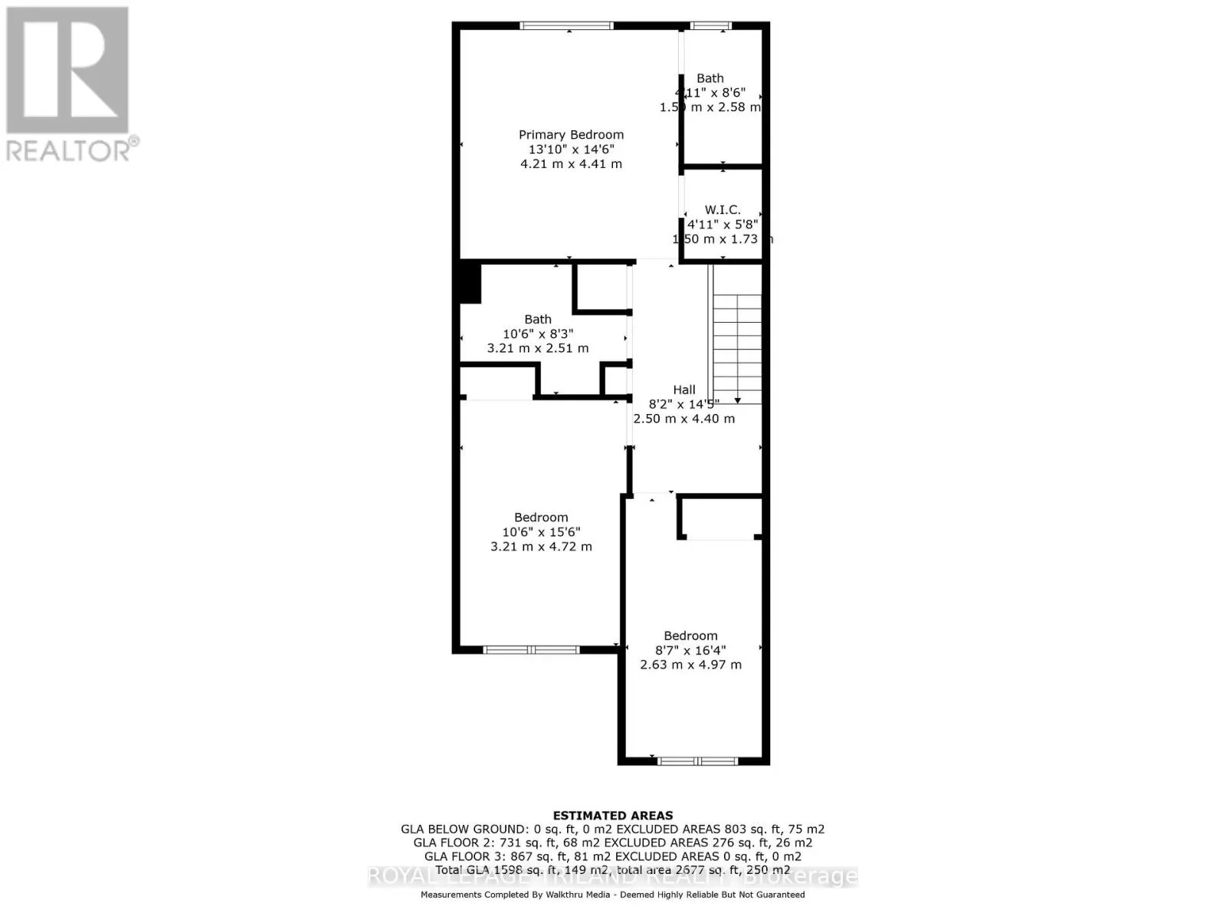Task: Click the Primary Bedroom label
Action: coord(571,135)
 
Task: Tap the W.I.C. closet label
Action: coord(723,209)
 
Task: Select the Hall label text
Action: coord(684,389)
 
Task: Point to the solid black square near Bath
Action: coord(469,283)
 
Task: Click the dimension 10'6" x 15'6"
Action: coord(541,532)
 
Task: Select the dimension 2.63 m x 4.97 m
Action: coord(690,665)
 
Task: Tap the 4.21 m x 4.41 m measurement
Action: coord(571,164)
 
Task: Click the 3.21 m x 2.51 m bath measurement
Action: coord(538,348)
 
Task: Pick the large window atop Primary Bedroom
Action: coord(566,26)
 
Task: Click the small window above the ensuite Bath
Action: coord(710,26)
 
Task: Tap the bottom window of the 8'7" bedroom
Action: coord(697,761)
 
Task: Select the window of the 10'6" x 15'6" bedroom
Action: coord(531,650)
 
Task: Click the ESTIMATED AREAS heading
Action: coord(613,816)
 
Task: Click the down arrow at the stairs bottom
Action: coord(737,399)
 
